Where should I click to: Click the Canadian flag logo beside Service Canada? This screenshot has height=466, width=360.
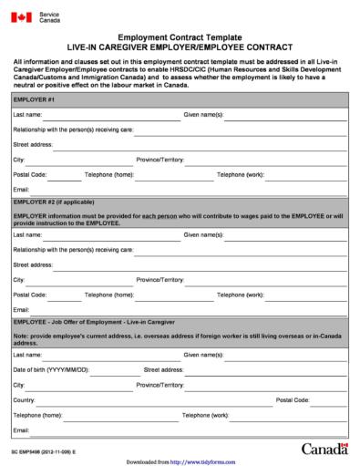tap(23, 17)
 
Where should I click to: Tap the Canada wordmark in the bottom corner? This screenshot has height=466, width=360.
tap(324, 448)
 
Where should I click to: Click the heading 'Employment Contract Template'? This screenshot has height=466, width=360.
tap(180, 36)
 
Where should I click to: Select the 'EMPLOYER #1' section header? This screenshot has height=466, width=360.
tap(35, 98)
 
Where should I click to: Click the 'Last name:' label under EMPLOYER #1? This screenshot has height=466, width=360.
tap(27, 115)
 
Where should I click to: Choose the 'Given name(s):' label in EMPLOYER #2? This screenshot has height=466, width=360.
tap(203, 234)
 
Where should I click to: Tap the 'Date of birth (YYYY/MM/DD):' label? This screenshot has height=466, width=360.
tap(51, 370)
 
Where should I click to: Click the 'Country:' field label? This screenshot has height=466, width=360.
tap(25, 399)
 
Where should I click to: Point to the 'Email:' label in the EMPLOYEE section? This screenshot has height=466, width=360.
tap(22, 429)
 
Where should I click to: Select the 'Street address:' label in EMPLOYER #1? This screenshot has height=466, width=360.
tap(33, 144)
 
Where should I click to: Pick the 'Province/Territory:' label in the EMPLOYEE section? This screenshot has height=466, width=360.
tap(160, 385)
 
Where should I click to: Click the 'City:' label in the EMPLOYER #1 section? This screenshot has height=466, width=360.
tap(19, 159)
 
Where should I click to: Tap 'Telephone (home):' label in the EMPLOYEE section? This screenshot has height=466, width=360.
tap(38, 414)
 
